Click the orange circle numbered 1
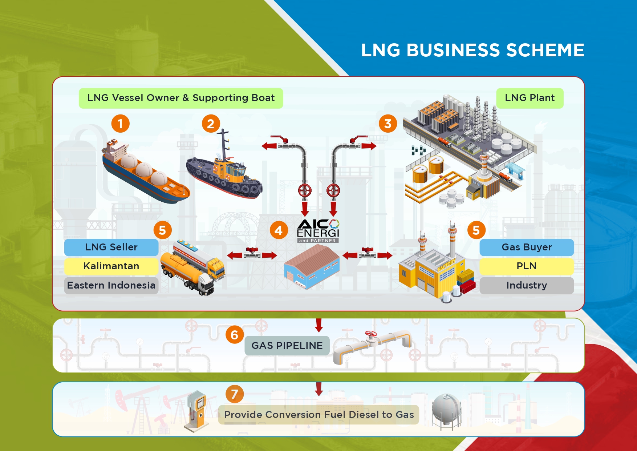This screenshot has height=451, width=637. pyautogui.click(x=121, y=124)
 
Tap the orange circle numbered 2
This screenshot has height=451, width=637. pyautogui.click(x=211, y=124)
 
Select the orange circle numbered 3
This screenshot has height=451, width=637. pyautogui.click(x=388, y=124)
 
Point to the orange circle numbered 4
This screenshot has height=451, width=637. pyautogui.click(x=279, y=230)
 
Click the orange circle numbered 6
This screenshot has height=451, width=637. pyautogui.click(x=234, y=335)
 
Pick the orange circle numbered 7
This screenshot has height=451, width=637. pyautogui.click(x=234, y=394)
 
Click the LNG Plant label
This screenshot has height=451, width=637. pyautogui.click(x=530, y=98)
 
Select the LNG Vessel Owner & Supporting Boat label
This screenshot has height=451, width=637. pyautogui.click(x=181, y=98)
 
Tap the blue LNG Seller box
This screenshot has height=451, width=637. pyautogui.click(x=111, y=247)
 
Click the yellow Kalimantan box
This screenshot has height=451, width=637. pyautogui.click(x=111, y=266)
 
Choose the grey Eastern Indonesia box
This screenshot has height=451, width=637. pyautogui.click(x=111, y=285)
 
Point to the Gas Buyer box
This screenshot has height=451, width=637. pyautogui.click(x=527, y=247)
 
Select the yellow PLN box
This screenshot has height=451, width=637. pyautogui.click(x=527, y=266)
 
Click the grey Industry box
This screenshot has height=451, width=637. pyautogui.click(x=527, y=285)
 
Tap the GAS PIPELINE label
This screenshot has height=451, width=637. pyautogui.click(x=287, y=345)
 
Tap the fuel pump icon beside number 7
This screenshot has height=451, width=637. pyautogui.click(x=197, y=411)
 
